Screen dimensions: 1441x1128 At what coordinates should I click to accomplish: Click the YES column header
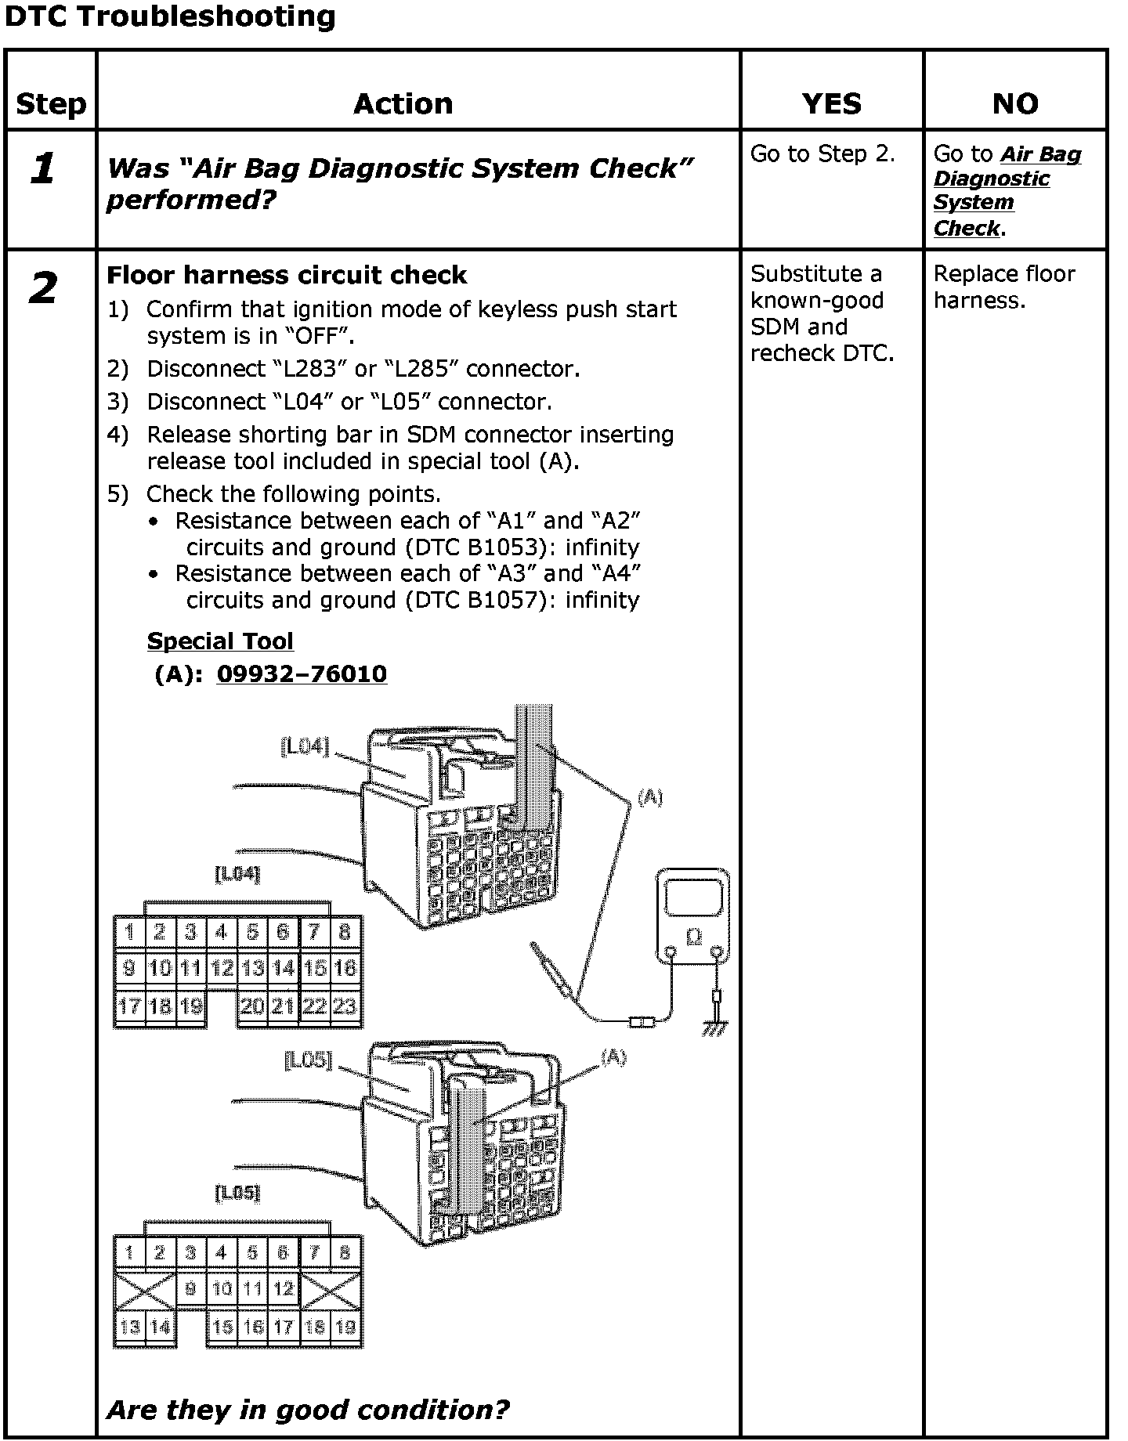tap(831, 103)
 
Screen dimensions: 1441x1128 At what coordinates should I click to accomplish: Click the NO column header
tap(1015, 103)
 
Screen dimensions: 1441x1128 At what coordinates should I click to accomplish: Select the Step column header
tap(51, 103)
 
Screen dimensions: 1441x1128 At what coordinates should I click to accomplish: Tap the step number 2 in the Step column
tap(43, 288)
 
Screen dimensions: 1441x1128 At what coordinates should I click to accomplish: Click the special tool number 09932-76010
tap(302, 674)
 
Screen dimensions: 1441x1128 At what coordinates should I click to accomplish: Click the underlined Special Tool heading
tap(220, 641)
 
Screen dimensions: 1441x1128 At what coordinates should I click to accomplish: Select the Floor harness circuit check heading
tap(287, 275)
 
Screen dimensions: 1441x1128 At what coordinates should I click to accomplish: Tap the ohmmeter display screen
tap(693, 897)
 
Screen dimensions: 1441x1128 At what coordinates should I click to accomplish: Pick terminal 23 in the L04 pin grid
tap(345, 1006)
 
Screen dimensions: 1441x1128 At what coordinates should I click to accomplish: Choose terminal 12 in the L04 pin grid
tap(222, 969)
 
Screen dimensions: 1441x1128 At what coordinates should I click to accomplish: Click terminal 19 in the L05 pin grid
tap(345, 1327)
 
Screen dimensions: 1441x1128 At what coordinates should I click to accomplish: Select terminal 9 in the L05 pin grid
tap(191, 1288)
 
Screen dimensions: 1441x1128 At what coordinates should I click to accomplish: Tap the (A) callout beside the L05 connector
tap(613, 1058)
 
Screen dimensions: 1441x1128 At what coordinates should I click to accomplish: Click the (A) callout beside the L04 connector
tap(649, 798)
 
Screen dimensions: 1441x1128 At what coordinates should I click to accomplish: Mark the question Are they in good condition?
tap(308, 1410)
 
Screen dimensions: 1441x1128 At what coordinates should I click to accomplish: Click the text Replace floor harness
tap(1004, 287)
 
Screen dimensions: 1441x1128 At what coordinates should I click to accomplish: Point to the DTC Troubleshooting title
tap(170, 16)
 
